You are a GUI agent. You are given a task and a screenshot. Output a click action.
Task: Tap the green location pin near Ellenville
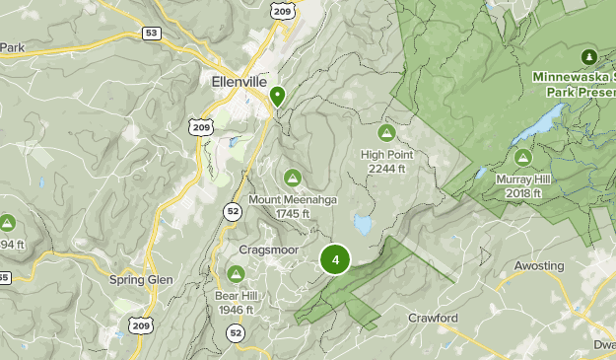tap(278, 97)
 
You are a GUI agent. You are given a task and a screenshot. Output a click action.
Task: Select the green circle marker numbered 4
tap(336, 260)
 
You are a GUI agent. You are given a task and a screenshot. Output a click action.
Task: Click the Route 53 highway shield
tap(151, 34)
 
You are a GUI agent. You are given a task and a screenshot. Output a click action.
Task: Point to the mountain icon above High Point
tap(386, 133)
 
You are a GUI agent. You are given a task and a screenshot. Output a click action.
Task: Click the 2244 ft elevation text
tap(386, 169)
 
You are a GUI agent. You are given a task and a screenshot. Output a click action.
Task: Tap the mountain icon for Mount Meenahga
tap(292, 178)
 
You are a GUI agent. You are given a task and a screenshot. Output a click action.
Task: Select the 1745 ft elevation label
tap(293, 213)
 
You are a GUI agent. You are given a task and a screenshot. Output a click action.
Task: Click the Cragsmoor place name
tap(268, 250)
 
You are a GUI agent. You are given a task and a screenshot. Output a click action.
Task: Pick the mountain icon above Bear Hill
tap(237, 273)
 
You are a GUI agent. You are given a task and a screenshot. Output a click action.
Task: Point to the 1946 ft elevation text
tap(236, 310)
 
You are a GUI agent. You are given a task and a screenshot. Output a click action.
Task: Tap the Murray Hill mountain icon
tap(522, 157)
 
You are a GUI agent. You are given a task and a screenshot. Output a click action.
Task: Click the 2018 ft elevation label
tap(522, 193)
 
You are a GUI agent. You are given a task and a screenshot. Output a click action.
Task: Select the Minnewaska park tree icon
tap(589, 55)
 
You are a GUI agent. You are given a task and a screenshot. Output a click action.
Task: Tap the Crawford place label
tap(433, 319)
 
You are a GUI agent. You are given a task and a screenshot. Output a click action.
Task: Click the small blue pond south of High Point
tap(364, 226)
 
